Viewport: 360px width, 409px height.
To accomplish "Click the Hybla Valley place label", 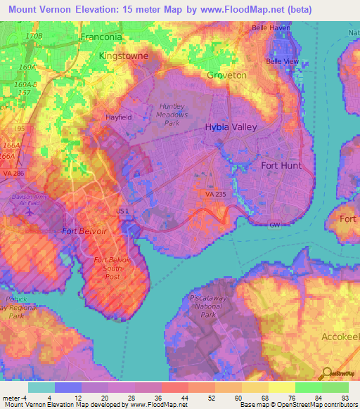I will [231, 127].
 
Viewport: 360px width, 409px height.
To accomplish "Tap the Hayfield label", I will [118, 117].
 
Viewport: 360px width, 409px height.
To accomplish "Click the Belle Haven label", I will [271, 28].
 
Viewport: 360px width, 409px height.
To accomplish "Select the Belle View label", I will [282, 61].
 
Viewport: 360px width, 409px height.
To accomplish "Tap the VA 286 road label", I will [11, 172].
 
